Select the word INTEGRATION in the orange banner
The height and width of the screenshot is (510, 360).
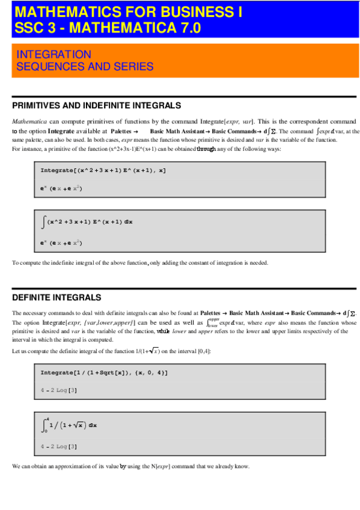(x=54, y=55)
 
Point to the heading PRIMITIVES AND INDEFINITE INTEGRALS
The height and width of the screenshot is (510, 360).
(x=96, y=105)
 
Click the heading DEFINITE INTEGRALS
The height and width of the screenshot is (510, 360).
(x=56, y=298)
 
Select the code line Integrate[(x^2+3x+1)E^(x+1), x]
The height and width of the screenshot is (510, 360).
(x=103, y=171)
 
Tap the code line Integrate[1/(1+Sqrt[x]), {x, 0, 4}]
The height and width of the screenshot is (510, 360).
(x=104, y=373)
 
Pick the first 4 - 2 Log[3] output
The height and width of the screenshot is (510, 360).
(x=58, y=392)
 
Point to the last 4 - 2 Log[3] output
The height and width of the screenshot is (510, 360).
(x=58, y=447)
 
